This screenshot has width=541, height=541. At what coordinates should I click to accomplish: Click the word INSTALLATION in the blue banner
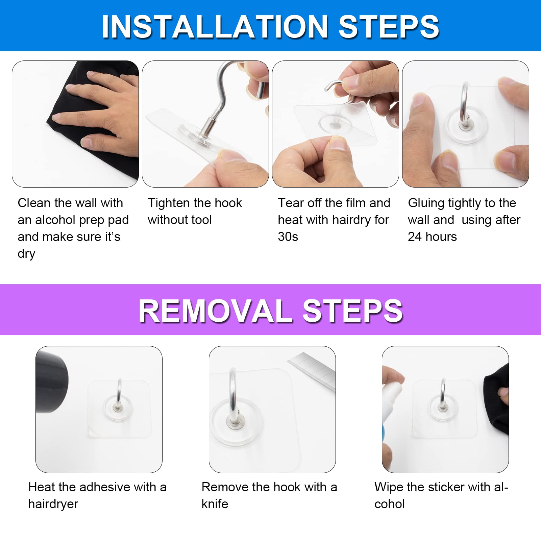pos(215,27)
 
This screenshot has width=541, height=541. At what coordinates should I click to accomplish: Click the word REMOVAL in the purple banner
pos(216,311)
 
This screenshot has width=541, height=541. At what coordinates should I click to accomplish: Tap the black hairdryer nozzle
pos(52,382)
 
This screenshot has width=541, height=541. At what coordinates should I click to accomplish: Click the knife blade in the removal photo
pos(311,370)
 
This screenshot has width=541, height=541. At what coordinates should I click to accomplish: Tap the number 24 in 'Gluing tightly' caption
pos(415,237)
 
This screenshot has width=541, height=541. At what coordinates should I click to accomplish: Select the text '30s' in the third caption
pos(288,237)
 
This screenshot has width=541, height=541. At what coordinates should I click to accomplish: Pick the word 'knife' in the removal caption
pos(215,504)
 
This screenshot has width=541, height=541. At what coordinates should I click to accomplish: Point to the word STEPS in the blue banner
pos(389,27)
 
